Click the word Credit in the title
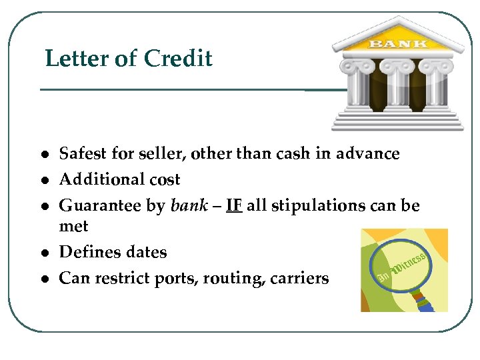178,59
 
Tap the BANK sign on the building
398,44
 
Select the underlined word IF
233,205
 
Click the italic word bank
189,205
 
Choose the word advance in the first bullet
369,154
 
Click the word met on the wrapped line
73,227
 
